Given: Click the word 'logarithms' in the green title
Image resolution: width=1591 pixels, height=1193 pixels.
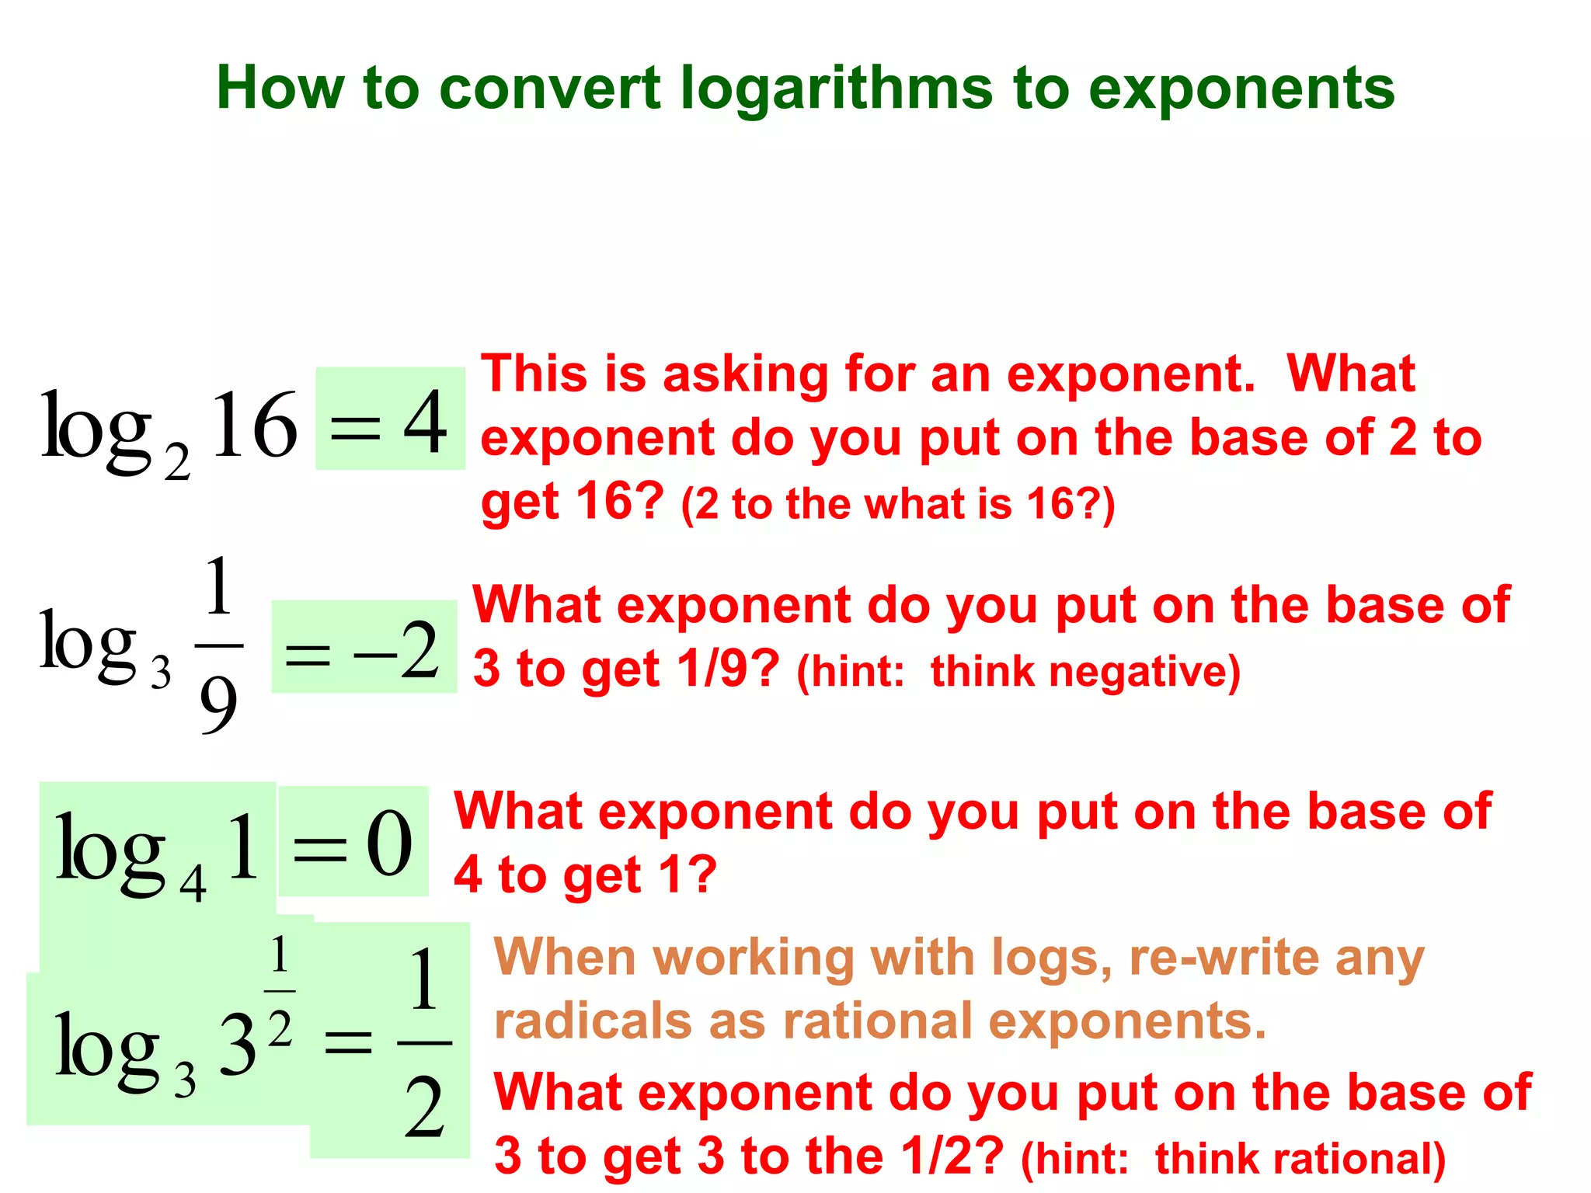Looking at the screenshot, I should (x=836, y=89).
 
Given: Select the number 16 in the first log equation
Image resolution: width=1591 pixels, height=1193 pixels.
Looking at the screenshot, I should (x=254, y=425).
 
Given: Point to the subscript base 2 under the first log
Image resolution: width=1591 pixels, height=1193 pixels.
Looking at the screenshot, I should (x=177, y=463).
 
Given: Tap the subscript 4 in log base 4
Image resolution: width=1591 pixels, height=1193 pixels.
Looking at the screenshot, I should (x=193, y=884).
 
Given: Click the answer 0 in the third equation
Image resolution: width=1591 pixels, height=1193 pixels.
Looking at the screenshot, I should (x=389, y=843).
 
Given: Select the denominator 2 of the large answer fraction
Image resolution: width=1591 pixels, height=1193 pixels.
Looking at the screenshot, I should (x=424, y=1108).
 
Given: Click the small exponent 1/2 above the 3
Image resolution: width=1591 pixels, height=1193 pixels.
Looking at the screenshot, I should (x=280, y=990).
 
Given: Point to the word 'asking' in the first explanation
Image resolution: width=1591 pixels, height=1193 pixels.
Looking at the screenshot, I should (x=746, y=374).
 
